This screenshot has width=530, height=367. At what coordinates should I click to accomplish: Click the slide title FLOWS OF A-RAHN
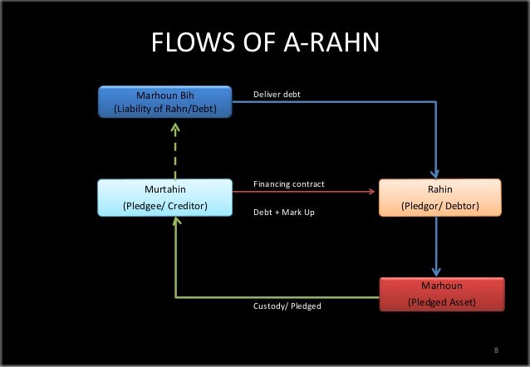coord(265,42)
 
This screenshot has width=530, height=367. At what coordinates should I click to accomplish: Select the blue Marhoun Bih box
coord(164,102)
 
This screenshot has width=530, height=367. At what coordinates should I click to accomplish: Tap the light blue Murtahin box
coord(164,197)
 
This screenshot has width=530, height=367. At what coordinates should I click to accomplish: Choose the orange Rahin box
coord(439,197)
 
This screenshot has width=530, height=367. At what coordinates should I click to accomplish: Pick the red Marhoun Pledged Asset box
coord(441,294)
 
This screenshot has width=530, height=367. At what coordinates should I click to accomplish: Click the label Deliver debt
coord(277,95)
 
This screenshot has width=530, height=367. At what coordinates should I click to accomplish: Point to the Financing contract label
coord(288,183)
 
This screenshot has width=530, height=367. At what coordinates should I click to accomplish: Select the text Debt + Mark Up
coord(284,213)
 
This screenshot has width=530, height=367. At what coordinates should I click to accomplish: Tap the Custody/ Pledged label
coord(287,306)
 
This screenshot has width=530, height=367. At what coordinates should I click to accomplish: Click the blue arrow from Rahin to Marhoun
coord(437,247)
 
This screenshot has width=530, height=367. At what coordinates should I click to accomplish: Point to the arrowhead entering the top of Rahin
coord(437,173)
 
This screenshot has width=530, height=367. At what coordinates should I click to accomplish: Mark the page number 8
coord(496,350)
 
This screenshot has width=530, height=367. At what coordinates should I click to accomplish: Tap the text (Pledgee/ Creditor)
coord(164,205)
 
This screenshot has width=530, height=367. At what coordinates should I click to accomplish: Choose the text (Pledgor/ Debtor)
coord(439,205)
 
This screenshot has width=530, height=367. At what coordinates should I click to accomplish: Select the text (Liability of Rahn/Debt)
coord(164,108)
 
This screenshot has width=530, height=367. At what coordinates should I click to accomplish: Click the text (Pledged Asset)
coord(441,301)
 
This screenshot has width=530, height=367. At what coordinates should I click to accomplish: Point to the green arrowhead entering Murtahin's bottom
coord(175,223)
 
